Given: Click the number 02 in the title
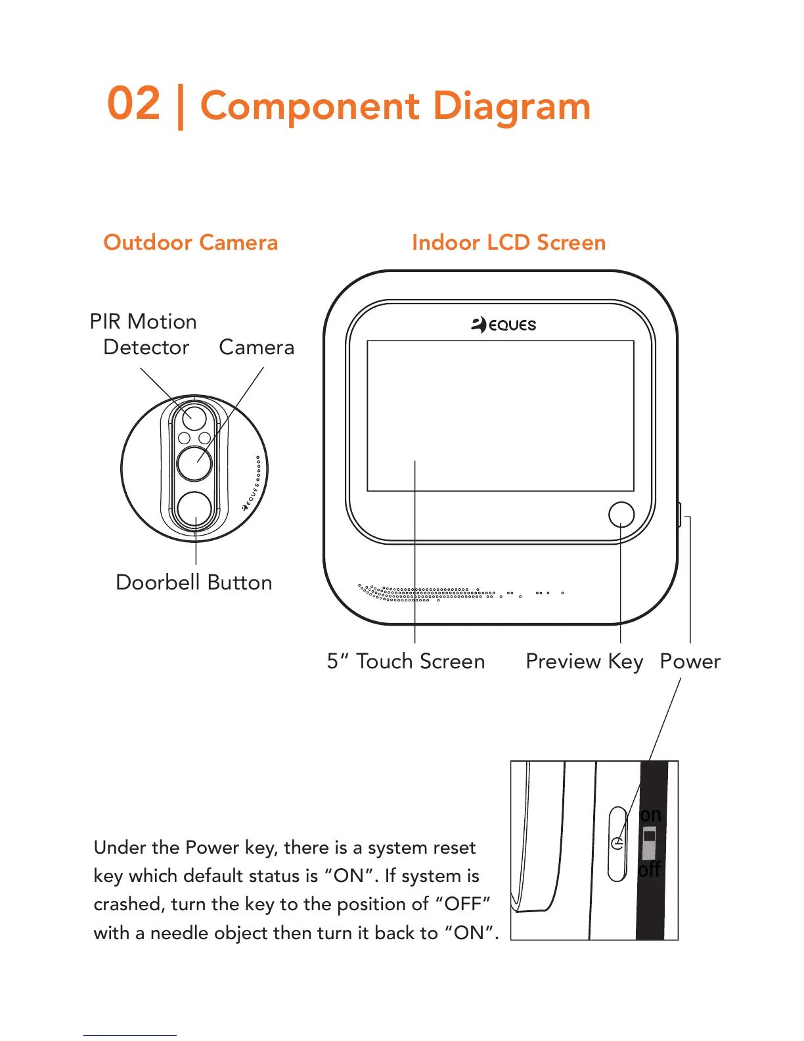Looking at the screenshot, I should [x=134, y=104].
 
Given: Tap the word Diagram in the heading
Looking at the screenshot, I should [x=512, y=106].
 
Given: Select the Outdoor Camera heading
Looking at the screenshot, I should [x=190, y=243].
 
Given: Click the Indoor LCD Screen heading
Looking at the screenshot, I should [x=508, y=243].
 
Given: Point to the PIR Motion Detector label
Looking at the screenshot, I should [x=144, y=334].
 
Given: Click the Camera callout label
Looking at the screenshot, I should [x=256, y=347].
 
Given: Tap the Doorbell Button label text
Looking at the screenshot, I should [x=194, y=582].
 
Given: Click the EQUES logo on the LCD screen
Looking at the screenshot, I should [x=504, y=325].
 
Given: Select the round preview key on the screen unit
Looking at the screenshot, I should [x=621, y=514].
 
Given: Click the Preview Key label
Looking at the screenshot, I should [x=584, y=661].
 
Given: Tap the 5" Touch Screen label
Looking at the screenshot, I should [x=406, y=661].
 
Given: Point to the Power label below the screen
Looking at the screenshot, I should [x=690, y=661].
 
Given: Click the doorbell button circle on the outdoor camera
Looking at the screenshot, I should [x=195, y=509].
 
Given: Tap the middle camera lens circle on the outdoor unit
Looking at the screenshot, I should [x=195, y=463].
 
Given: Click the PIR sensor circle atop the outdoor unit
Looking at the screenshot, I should [x=194, y=417].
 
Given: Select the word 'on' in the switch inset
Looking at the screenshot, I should [x=650, y=815].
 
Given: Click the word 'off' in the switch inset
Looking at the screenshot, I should [x=650, y=869].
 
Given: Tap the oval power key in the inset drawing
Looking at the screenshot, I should [x=617, y=844].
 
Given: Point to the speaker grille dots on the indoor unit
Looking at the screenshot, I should [x=427, y=593].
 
